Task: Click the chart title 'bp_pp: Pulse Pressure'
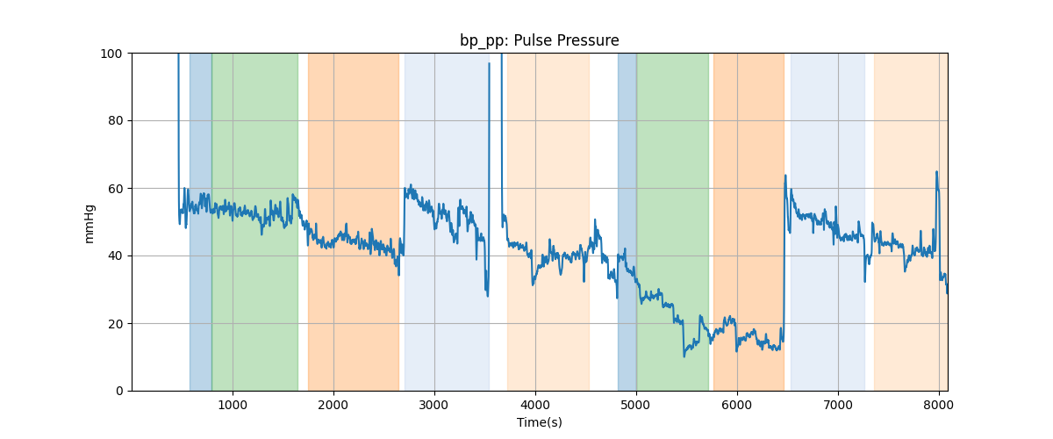click(x=539, y=40)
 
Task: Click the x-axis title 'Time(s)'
click(x=539, y=422)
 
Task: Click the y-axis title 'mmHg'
click(x=89, y=223)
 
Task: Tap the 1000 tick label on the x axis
click(x=233, y=406)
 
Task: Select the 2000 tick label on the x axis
click(x=333, y=406)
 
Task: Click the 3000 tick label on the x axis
click(x=434, y=406)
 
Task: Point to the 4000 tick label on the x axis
click(x=535, y=406)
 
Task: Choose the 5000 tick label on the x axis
click(x=636, y=406)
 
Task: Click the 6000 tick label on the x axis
click(x=737, y=406)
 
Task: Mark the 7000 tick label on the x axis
click(x=838, y=406)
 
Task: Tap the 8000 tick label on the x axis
click(x=939, y=406)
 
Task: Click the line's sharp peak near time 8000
click(x=936, y=172)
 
